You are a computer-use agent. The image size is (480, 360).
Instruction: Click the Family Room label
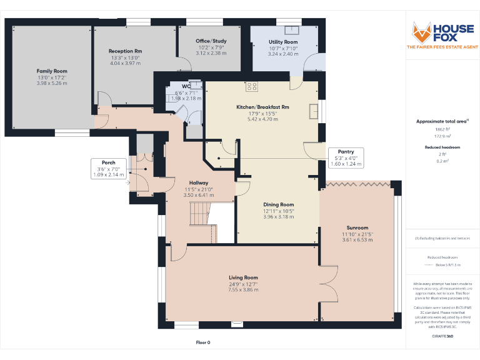[52, 71]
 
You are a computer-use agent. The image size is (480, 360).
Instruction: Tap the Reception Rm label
[125, 51]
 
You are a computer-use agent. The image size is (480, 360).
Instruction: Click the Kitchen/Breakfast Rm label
[262, 107]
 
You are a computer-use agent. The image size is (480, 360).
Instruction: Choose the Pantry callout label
[346, 152]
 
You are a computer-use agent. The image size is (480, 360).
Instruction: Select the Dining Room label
[278, 204]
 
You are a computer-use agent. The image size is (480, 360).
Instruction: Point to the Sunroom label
[357, 227]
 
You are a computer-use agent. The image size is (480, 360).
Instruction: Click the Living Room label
[243, 277]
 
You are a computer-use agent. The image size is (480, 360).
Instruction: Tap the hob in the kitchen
[252, 87]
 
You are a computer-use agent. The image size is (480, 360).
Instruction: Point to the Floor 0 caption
[203, 342]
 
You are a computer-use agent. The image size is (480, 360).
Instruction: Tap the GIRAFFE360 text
[442, 336]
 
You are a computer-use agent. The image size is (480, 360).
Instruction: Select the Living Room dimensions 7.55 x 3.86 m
[243, 289]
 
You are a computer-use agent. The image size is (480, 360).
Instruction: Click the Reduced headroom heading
[442, 148]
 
